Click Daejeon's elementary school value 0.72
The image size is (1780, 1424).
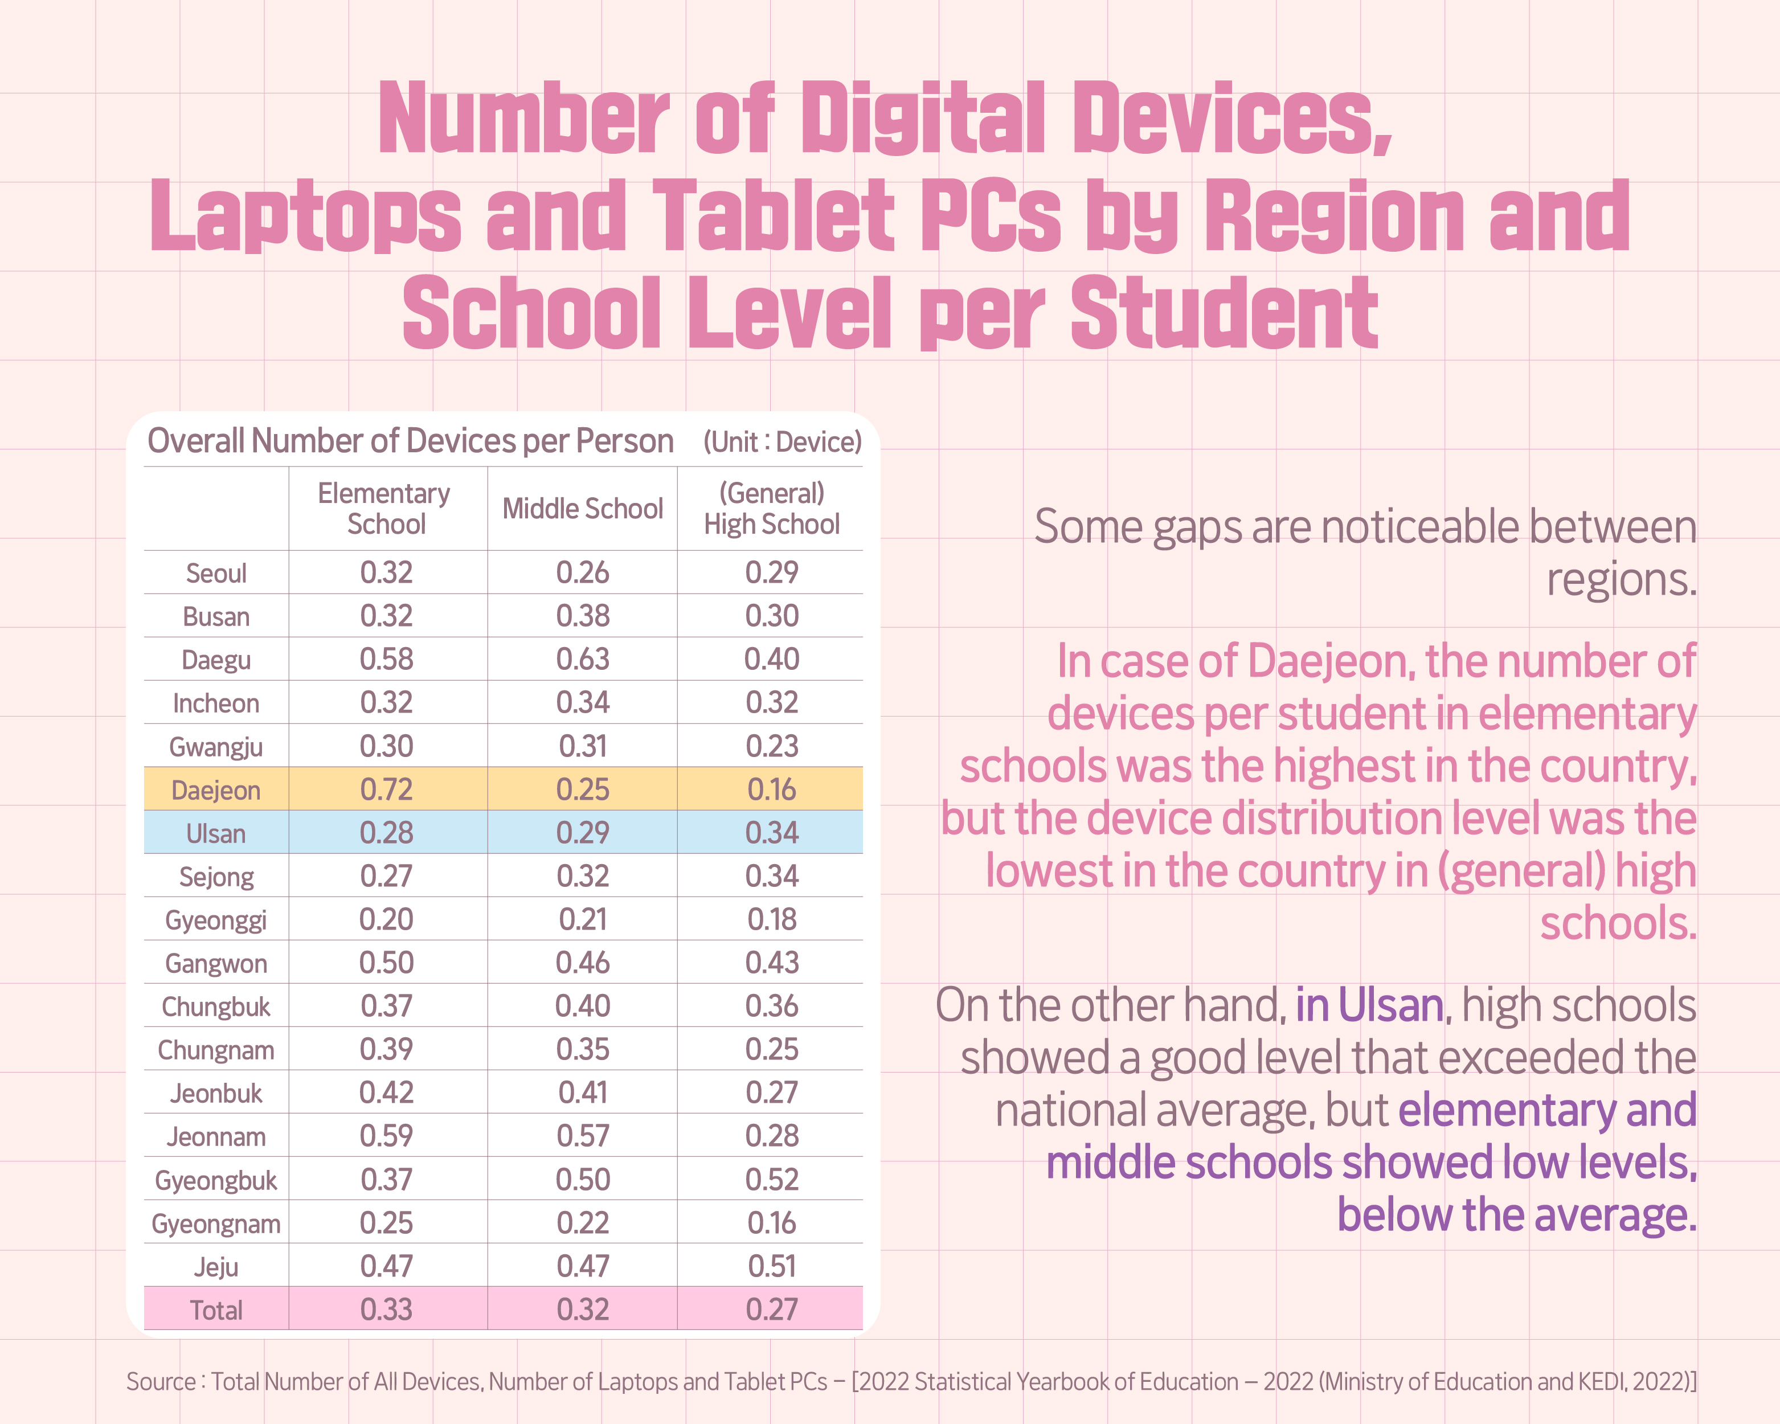[386, 790]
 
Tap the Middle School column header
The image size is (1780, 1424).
[582, 509]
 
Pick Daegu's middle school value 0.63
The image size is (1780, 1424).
[582, 660]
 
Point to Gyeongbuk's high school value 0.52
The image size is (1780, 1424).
[771, 1180]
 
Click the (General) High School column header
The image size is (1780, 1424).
[771, 509]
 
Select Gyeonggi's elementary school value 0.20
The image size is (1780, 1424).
[386, 919]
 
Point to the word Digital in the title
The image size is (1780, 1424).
[923, 120]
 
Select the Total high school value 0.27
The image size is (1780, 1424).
[771, 1310]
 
